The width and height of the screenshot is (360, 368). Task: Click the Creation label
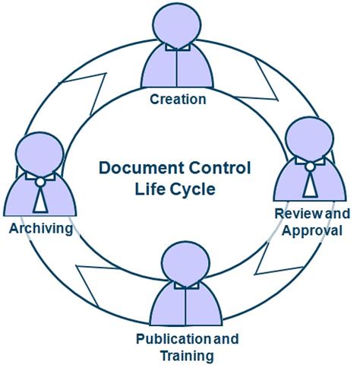click(x=178, y=99)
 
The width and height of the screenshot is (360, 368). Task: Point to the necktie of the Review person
click(x=311, y=182)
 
